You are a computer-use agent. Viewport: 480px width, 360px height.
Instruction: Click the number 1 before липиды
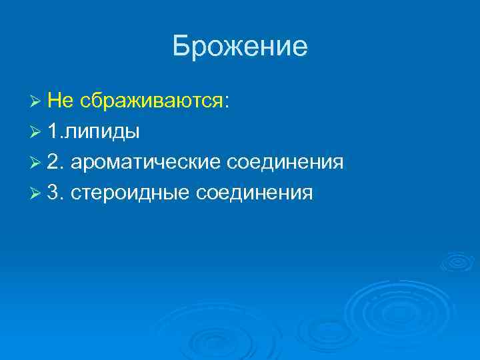(53, 131)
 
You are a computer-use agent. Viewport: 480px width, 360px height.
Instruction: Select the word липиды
(102, 132)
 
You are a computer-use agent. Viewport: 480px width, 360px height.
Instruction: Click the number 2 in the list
(54, 162)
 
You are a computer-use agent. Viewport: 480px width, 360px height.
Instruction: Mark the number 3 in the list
(54, 193)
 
